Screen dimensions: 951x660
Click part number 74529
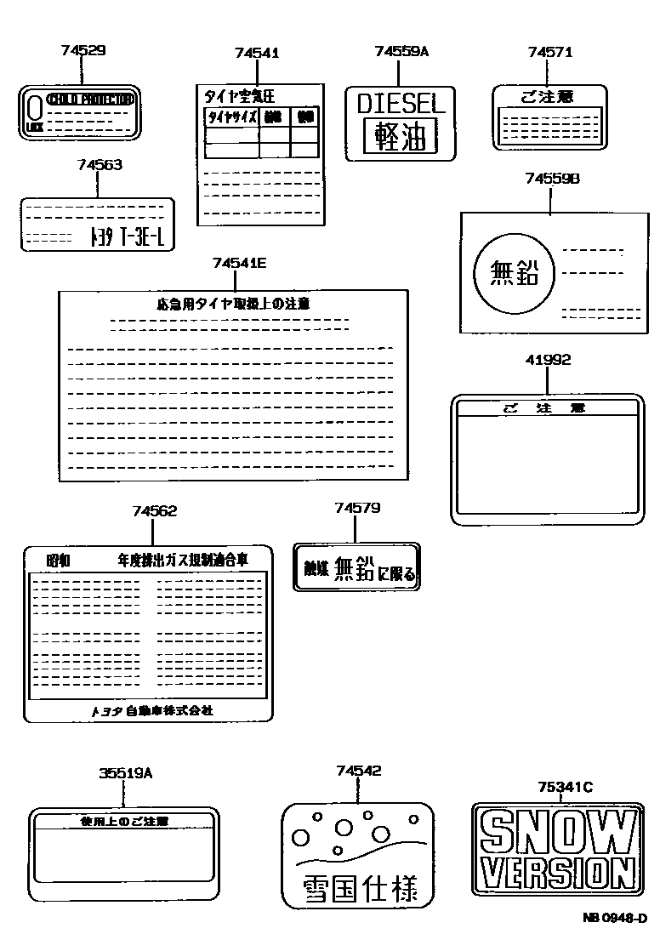83,51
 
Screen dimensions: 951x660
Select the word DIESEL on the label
401,104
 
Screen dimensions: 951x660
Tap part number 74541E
240,264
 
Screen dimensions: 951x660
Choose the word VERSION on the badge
556,873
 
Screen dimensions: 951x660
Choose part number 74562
155,511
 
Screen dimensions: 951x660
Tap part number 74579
357,509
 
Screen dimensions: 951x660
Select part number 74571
549,52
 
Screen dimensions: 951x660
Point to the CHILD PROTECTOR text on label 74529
90,100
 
